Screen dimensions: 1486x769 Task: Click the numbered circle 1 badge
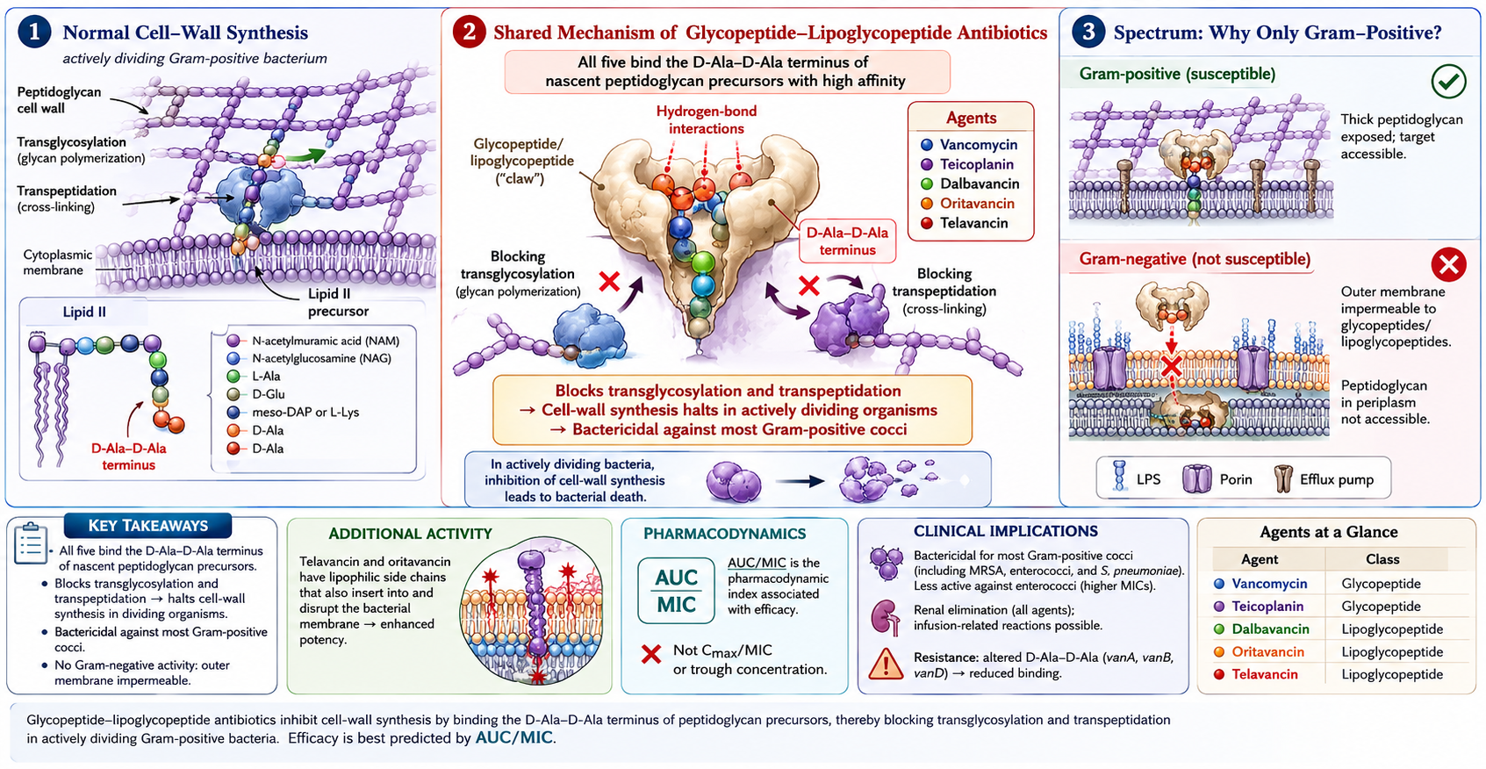click(x=34, y=32)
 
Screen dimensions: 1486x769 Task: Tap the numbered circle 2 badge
click(x=470, y=32)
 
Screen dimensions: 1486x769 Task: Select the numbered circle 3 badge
click(x=1088, y=32)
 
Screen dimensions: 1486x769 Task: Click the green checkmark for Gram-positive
click(x=1449, y=82)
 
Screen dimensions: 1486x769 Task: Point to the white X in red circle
click(x=1449, y=265)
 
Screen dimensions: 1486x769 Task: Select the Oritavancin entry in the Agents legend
click(x=967, y=204)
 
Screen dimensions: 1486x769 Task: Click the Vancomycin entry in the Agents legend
click(x=968, y=145)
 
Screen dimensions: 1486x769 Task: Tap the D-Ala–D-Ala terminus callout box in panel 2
click(x=847, y=241)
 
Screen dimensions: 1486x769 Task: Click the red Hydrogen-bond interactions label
click(x=706, y=120)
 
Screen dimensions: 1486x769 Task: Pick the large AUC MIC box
click(x=676, y=591)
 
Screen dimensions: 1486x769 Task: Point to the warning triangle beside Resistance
click(x=886, y=665)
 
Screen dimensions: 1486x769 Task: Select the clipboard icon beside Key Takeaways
click(x=30, y=543)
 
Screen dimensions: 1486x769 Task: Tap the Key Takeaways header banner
click(x=148, y=526)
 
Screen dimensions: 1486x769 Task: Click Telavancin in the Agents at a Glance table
click(x=1265, y=674)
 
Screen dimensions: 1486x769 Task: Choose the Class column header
click(x=1382, y=559)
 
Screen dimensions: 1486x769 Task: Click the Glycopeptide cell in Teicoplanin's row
click(x=1381, y=607)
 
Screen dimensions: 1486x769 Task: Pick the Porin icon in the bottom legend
click(x=1196, y=478)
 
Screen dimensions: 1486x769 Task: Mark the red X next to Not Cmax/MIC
click(x=651, y=655)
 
